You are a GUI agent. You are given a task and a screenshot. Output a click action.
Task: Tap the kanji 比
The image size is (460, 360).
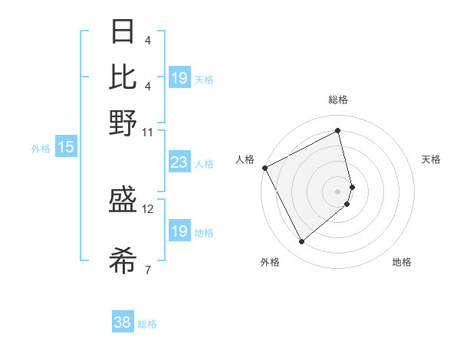[123, 77]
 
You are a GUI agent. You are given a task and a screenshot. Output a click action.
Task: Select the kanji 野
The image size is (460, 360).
[123, 123]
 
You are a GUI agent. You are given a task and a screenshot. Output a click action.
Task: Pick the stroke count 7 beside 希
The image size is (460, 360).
[147, 269]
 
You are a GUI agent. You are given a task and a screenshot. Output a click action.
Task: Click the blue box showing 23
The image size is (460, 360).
[179, 162]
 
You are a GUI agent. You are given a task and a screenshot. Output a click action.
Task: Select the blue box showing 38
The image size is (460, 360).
[123, 322]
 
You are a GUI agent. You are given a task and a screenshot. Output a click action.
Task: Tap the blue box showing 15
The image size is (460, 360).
[66, 147]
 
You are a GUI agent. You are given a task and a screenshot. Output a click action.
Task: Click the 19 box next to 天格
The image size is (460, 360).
[179, 78]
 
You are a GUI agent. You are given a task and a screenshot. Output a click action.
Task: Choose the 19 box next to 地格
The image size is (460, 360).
[179, 231]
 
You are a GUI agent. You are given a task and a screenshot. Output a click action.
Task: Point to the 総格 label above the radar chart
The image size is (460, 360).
[338, 100]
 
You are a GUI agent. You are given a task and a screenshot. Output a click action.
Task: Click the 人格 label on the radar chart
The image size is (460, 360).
[245, 159]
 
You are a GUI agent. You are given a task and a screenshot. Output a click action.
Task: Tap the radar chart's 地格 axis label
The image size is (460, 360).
[402, 263]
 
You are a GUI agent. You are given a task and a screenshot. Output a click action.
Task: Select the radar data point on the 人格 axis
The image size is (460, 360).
[264, 168]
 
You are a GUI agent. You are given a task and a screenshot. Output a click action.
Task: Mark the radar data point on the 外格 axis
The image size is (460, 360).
[302, 242]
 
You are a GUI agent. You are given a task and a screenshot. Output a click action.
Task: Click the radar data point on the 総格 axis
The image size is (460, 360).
[338, 130]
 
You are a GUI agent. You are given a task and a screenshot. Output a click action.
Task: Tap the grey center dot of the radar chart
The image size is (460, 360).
[338, 191]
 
